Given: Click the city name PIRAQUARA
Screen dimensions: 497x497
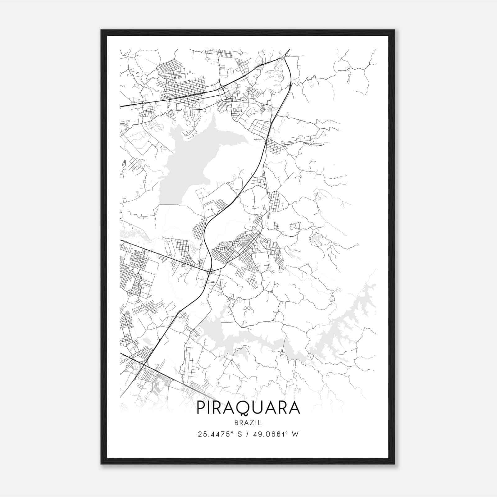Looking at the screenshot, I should click(x=248, y=408).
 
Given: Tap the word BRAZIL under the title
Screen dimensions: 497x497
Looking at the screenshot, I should click(x=248, y=423).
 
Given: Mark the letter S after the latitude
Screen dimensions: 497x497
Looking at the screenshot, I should click(x=239, y=434).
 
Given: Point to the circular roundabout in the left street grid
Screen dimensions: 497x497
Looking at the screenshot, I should click(x=131, y=293).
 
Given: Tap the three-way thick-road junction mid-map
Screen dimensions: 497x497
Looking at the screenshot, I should click(x=209, y=271).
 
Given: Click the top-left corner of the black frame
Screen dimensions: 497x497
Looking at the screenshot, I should click(x=101, y=30).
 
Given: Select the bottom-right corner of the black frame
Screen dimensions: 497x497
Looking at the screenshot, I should click(x=394, y=464).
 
